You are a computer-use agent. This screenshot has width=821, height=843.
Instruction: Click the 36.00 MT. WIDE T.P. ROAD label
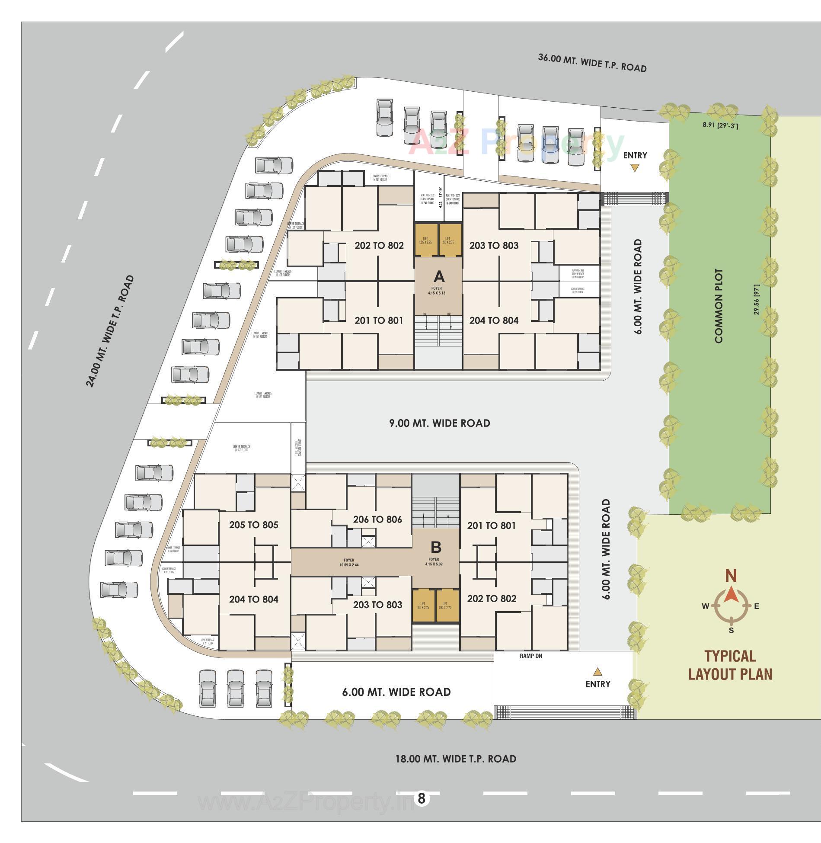click(x=592, y=63)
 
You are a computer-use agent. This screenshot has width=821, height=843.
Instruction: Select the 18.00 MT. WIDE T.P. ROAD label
click(x=456, y=759)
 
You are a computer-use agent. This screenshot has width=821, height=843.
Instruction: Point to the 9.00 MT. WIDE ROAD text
click(x=440, y=423)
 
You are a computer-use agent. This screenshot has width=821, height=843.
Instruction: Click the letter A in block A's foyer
click(x=439, y=276)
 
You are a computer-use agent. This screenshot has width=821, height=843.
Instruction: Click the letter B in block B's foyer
click(x=436, y=547)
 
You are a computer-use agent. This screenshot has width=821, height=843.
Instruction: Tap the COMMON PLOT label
click(x=719, y=306)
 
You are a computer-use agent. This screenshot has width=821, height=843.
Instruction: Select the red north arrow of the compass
click(x=731, y=595)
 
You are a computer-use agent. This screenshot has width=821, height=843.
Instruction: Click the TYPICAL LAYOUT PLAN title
click(x=730, y=665)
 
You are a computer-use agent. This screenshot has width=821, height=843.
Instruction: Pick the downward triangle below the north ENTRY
click(x=634, y=168)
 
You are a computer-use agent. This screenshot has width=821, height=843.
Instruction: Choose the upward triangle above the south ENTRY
click(x=597, y=672)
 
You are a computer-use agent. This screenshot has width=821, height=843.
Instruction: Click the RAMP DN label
click(x=531, y=656)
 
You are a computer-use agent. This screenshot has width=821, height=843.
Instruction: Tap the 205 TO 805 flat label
click(x=254, y=525)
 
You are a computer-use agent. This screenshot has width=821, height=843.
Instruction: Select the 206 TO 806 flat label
click(x=377, y=519)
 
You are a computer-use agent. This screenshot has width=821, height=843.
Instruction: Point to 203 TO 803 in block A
click(x=494, y=246)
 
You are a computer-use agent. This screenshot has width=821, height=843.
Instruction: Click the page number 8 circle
click(x=422, y=798)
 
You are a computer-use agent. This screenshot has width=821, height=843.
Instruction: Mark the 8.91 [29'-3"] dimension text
click(x=720, y=125)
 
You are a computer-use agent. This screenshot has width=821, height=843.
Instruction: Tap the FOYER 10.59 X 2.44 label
click(x=349, y=563)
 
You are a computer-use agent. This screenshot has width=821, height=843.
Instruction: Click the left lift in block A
click(x=425, y=240)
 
